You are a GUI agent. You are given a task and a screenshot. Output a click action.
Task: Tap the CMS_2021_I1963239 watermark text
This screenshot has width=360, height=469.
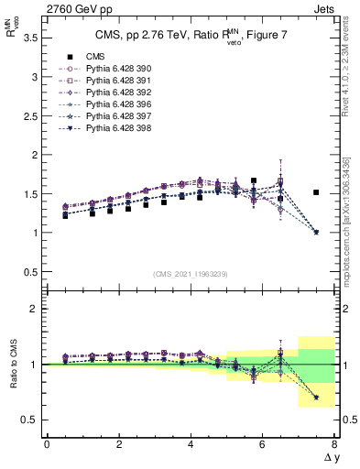click(191, 273)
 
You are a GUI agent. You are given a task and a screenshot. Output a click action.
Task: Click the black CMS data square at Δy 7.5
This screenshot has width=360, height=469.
click(316, 192)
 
